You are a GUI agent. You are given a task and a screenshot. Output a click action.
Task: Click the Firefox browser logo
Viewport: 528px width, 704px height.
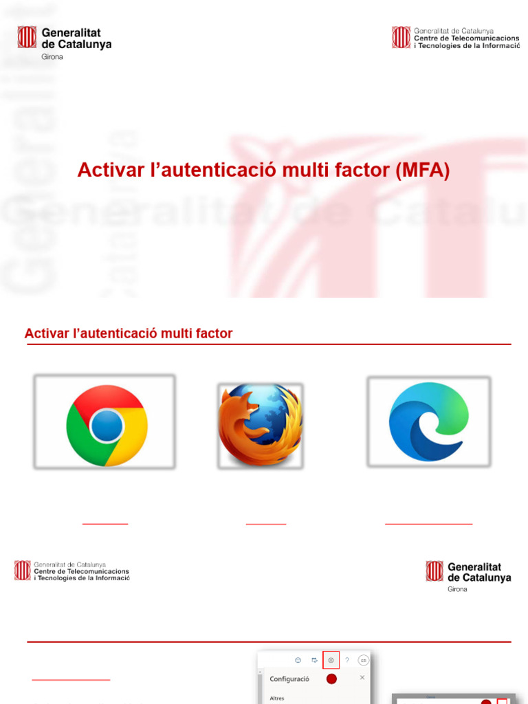point(261,425)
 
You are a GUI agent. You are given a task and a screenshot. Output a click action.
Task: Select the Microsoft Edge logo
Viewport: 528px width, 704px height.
point(428,421)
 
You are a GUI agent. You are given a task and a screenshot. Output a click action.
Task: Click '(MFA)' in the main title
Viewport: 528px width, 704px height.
point(422,170)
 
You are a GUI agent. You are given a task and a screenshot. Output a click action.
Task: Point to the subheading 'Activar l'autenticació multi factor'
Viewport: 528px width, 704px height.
point(129,333)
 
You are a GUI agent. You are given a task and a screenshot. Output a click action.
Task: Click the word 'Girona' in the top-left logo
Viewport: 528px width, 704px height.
point(52,56)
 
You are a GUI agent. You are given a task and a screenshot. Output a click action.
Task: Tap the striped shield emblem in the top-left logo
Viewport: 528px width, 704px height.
point(27,37)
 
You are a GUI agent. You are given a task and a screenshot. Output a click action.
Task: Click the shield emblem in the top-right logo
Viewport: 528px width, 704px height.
point(401,37)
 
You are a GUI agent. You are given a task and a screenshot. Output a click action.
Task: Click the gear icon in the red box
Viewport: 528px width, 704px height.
point(331,660)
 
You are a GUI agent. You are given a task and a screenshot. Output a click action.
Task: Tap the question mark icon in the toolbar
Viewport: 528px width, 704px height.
point(347,660)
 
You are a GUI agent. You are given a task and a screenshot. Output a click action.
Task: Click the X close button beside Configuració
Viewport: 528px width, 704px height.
point(362,678)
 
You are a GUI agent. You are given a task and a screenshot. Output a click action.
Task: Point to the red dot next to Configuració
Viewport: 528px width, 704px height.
point(331,679)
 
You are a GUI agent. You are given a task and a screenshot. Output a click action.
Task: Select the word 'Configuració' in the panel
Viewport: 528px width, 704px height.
point(289,679)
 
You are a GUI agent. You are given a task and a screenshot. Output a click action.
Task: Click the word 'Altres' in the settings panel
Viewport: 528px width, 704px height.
point(276,698)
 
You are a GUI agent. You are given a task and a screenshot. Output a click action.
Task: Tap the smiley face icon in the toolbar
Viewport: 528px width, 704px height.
point(298,660)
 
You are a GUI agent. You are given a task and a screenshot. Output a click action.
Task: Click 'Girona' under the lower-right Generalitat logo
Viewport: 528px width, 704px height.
point(457,589)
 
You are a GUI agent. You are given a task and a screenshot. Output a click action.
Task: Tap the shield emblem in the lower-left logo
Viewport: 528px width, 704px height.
point(23,570)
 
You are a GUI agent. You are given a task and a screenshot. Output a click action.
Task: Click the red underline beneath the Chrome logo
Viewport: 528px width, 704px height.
point(105,524)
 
